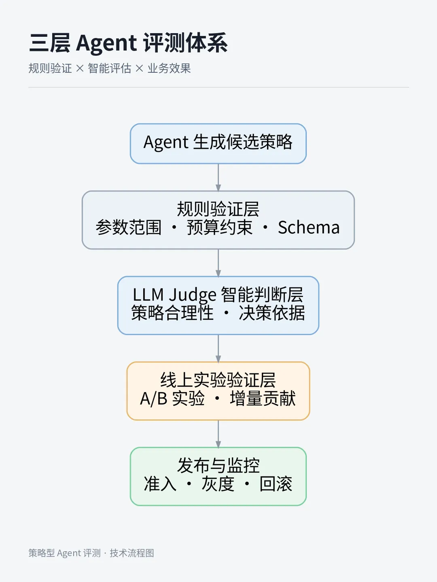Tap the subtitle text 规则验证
point(50,68)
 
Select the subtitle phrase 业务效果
point(169,68)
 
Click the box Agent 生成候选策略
point(218,143)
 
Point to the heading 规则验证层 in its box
point(218,209)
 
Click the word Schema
point(309,228)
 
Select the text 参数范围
point(128,228)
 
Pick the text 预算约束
point(219,228)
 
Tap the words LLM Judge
point(174,295)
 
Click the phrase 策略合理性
point(172,313)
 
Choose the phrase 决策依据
point(272,313)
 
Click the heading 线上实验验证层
point(218,380)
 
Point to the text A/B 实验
point(172,398)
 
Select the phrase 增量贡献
point(263,398)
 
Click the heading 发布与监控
point(218,466)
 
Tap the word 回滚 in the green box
point(276,484)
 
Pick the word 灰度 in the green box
point(218,484)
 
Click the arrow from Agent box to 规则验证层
point(218,177)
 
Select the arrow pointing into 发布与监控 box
point(218,434)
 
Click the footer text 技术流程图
point(132,553)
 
